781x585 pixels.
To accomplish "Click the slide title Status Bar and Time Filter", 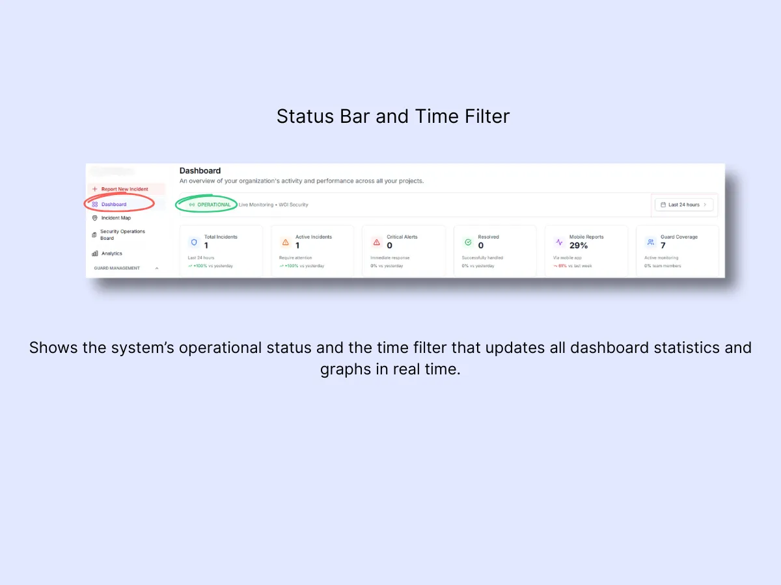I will pyautogui.click(x=393, y=116).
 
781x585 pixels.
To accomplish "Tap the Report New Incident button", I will pyautogui.click(x=124, y=189).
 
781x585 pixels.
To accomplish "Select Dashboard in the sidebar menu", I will pyautogui.click(x=114, y=204).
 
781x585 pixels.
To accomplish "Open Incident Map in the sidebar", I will pyautogui.click(x=115, y=218).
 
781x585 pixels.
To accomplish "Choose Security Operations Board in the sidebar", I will pyautogui.click(x=122, y=235).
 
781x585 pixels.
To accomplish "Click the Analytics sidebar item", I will pyautogui.click(x=111, y=253).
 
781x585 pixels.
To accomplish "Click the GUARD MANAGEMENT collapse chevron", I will pyautogui.click(x=157, y=268).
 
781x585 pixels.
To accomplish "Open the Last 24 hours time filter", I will pyautogui.click(x=683, y=205).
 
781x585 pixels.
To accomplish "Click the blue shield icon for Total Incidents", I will pyautogui.click(x=193, y=242).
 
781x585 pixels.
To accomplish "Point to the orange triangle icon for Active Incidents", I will pyautogui.click(x=285, y=242).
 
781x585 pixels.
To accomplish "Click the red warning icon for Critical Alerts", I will pyautogui.click(x=376, y=242).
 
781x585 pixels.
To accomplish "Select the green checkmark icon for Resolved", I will pyautogui.click(x=467, y=242).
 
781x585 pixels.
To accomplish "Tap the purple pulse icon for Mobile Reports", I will pyautogui.click(x=559, y=242).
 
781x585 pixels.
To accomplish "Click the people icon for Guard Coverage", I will pyautogui.click(x=650, y=242).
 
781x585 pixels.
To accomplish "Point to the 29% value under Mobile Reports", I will pyautogui.click(x=579, y=246).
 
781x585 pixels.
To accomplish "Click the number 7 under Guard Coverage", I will pyautogui.click(x=663, y=246).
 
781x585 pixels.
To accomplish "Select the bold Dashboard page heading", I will pyautogui.click(x=200, y=171).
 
